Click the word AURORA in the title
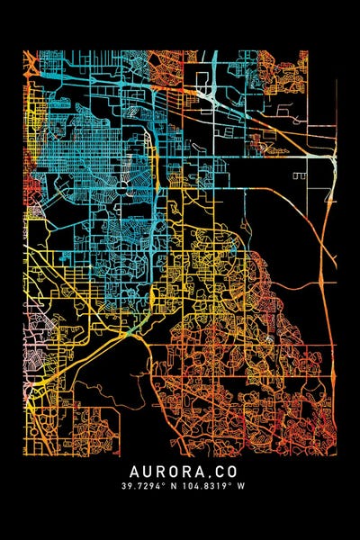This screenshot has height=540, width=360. (x=163, y=471)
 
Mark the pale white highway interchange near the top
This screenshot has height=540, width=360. (x=209, y=94)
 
